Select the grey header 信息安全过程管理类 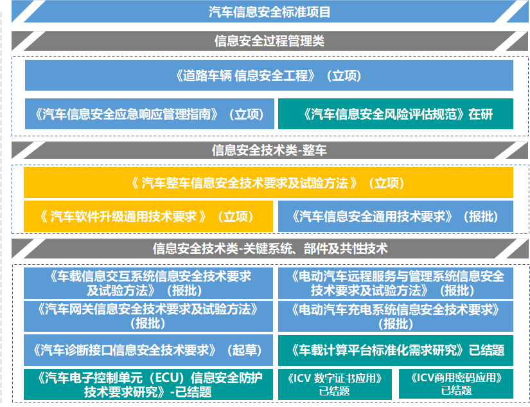click(x=269, y=41)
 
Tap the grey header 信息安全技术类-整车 click(x=269, y=150)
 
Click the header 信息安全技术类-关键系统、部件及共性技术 click(x=269, y=248)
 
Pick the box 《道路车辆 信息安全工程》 click(x=269, y=75)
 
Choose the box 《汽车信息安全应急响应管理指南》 click(x=149, y=114)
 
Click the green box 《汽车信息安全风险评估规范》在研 click(x=396, y=114)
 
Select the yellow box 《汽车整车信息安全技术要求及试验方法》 click(x=269, y=183)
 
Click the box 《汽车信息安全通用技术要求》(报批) click(x=396, y=217)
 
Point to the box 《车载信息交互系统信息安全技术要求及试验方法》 click(x=149, y=283)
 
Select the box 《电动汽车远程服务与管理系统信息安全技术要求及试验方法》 click(x=396, y=283)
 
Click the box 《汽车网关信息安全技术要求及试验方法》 click(x=149, y=316)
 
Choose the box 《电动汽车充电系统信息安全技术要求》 click(x=396, y=316)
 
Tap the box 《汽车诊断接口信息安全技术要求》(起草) click(x=149, y=350)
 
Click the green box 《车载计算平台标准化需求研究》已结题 click(x=396, y=350)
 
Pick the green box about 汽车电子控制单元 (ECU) click(x=149, y=384)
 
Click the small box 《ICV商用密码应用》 click(x=456, y=384)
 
